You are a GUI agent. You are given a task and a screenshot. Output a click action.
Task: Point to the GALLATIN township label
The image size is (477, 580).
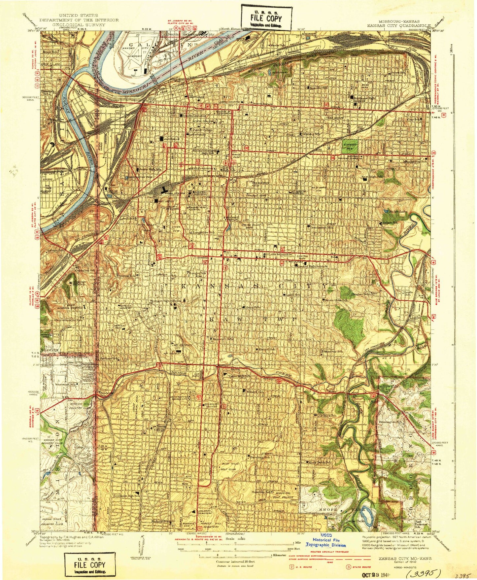pyautogui.click(x=160, y=45)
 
